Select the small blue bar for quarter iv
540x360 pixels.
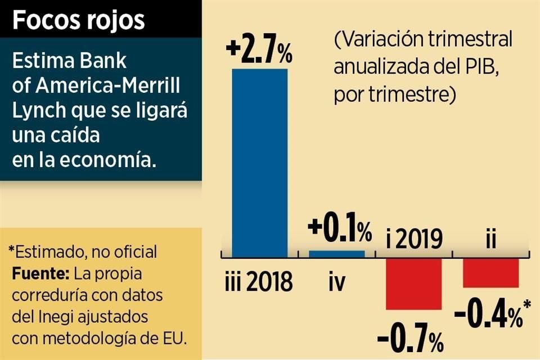(x=337, y=254)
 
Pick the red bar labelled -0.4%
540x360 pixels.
(x=490, y=273)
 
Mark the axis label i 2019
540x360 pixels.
(x=414, y=240)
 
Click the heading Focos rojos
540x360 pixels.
(x=79, y=20)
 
